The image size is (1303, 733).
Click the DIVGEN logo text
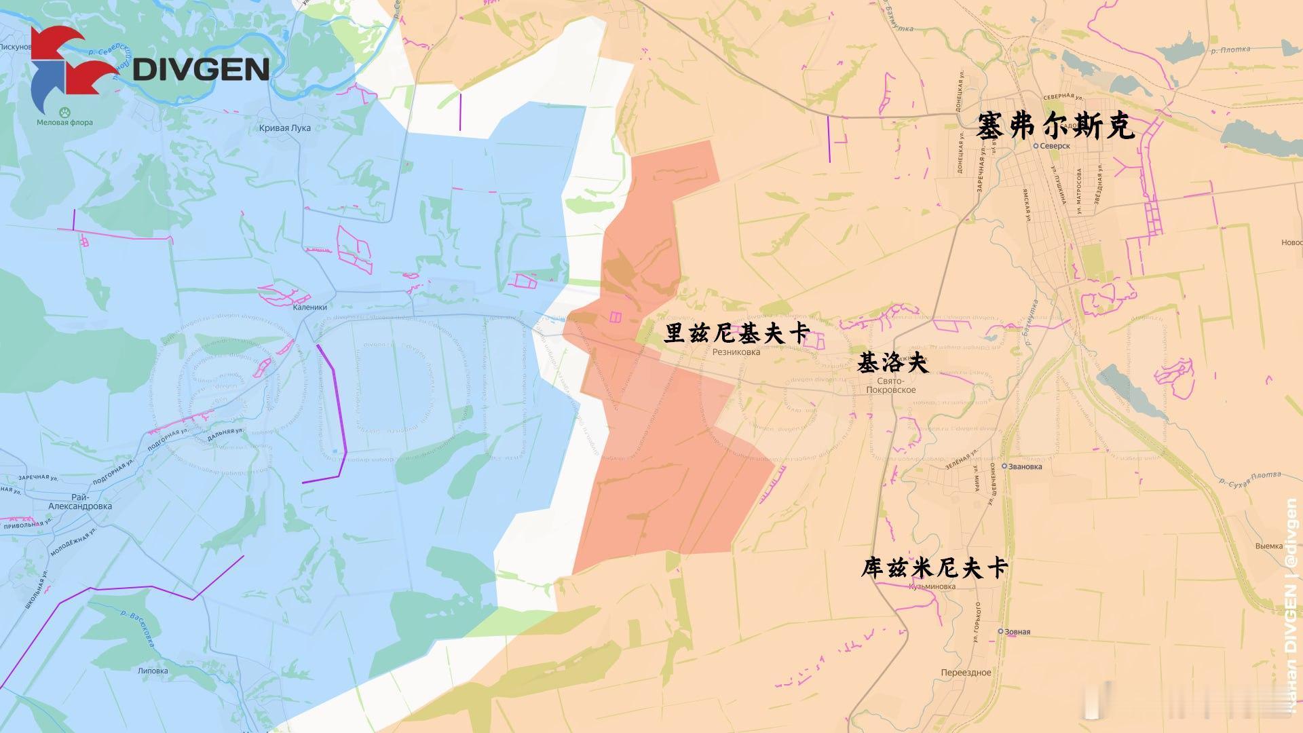[201, 69]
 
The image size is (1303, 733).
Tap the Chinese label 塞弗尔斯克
[1056, 127]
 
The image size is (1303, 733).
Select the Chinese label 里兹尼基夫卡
[737, 333]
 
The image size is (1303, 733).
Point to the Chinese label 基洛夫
[892, 362]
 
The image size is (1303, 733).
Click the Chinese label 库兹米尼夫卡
[934, 568]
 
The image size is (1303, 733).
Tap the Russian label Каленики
[309, 307]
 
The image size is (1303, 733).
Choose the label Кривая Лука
[285, 128]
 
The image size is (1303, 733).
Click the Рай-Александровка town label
[80, 502]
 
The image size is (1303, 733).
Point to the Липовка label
[153, 671]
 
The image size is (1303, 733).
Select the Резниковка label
[736, 352]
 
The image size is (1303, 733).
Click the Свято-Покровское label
[891, 386]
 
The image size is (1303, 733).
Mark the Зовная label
[1017, 632]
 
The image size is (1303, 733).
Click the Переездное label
[966, 673]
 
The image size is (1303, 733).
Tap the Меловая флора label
[64, 123]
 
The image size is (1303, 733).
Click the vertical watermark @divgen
[1291, 533]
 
